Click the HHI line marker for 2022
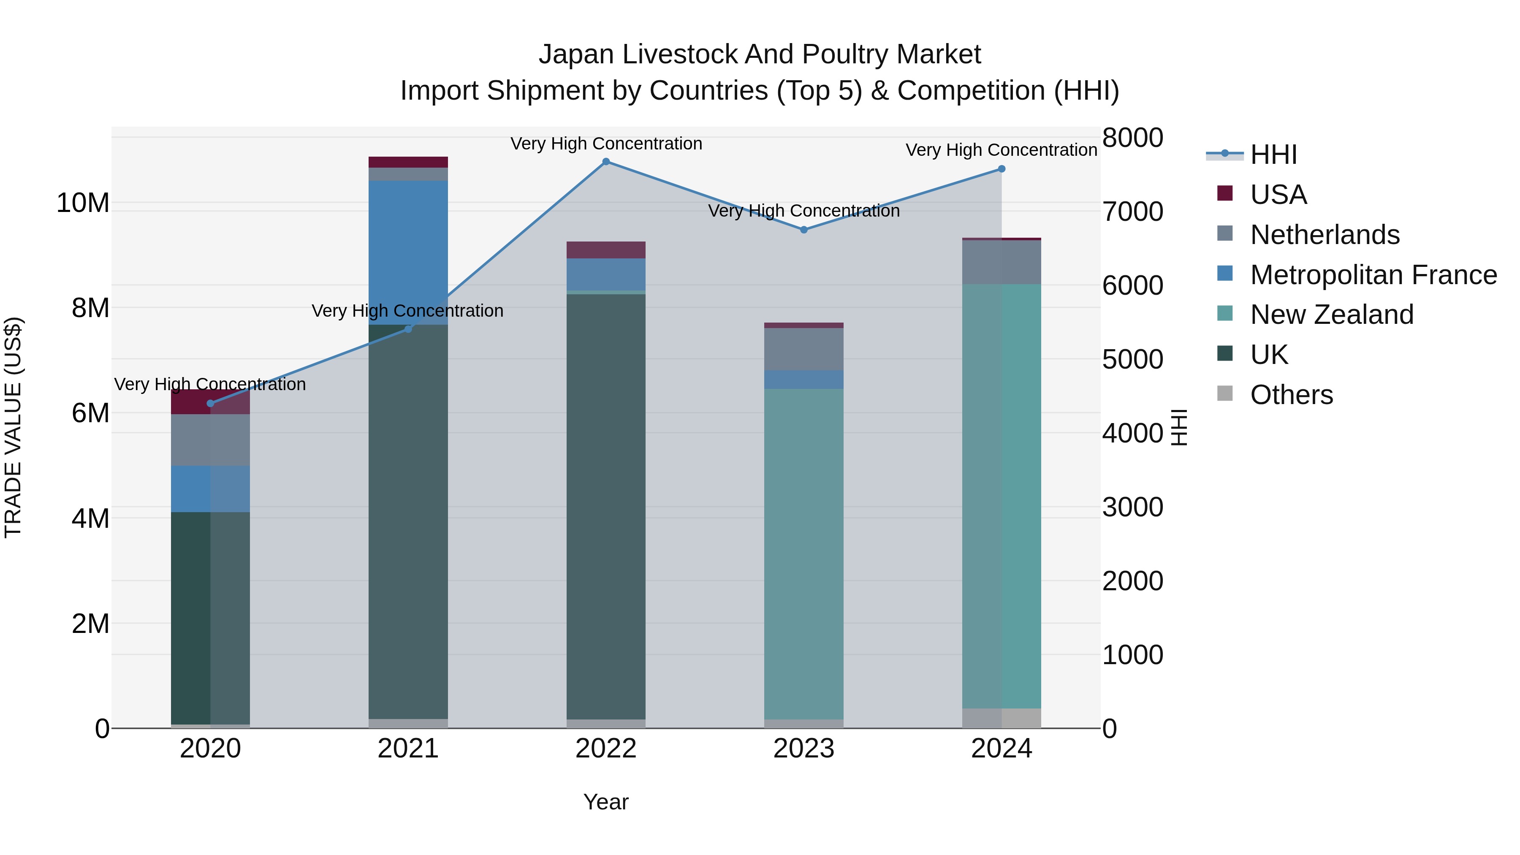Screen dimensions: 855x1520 click(x=605, y=162)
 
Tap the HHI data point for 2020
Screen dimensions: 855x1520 click(x=211, y=404)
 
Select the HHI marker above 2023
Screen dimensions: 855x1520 click(x=803, y=230)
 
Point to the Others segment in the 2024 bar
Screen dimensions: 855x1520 click(x=1002, y=718)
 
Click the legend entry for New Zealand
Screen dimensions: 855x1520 click(x=1331, y=315)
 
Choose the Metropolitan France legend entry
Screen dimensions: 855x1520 click(x=1373, y=275)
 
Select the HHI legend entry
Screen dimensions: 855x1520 click(x=1273, y=155)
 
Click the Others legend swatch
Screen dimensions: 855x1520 click(x=1224, y=394)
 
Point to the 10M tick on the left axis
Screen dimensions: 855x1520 click(x=83, y=203)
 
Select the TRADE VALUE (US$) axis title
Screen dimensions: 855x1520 click(x=13, y=427)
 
